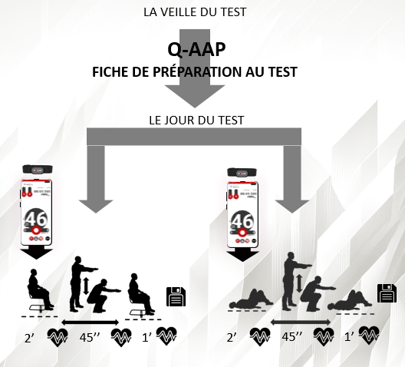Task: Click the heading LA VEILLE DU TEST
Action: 202,13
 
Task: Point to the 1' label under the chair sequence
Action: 146,336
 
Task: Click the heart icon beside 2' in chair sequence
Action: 59,336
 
